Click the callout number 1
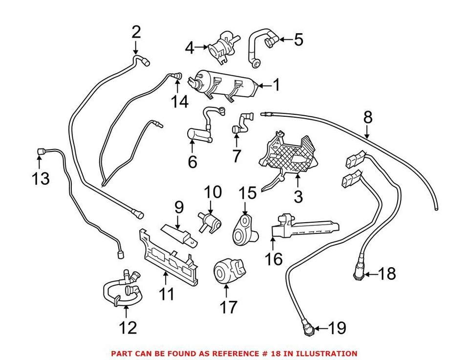click(276, 85)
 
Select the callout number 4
click(190, 48)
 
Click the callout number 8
click(367, 117)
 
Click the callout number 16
click(274, 258)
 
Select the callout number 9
click(179, 207)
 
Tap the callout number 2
click(136, 32)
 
